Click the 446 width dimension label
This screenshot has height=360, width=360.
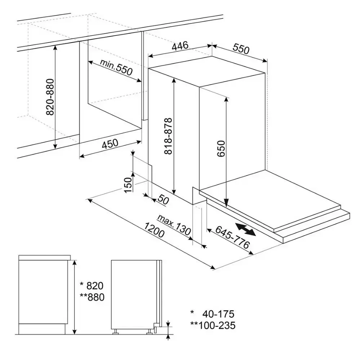[x=180, y=46]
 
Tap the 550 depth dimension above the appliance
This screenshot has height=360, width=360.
[x=241, y=49]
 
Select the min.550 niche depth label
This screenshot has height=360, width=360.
[x=116, y=67]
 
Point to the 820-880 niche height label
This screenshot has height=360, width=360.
[x=50, y=97]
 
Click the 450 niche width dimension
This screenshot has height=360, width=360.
[x=110, y=144]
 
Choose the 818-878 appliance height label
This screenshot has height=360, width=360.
[x=168, y=136]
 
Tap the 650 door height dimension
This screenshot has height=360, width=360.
[x=221, y=149]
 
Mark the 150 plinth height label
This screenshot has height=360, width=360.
[x=128, y=185]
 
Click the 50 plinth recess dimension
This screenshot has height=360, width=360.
[x=164, y=200]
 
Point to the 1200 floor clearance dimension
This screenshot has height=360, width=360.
[x=154, y=230]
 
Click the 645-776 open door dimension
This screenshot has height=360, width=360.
[x=232, y=237]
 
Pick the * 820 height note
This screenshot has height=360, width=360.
[x=92, y=286]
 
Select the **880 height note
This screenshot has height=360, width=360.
[x=92, y=297]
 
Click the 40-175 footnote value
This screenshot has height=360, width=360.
[x=218, y=314]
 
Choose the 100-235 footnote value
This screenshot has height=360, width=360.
[x=217, y=325]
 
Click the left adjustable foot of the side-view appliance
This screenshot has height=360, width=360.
[x=115, y=331]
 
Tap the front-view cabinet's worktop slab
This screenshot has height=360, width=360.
[x=45, y=258]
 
